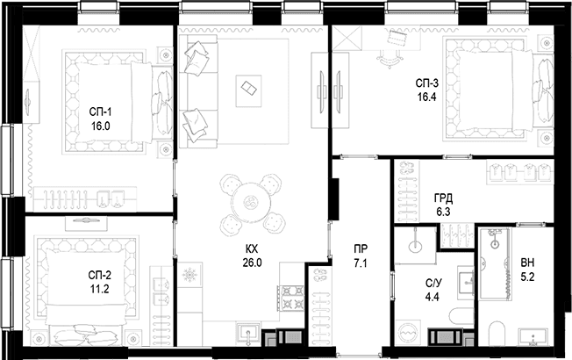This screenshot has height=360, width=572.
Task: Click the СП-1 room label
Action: pos(100,112)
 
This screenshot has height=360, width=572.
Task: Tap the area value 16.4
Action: pos(427,97)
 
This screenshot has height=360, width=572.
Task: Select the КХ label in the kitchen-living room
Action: pos(252,249)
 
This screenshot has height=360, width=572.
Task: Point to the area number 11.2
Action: pos(100,289)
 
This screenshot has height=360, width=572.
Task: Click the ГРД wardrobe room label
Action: pos(443,198)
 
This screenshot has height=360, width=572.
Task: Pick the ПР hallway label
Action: pos(361,249)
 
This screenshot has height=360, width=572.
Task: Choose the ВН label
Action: pos(527,263)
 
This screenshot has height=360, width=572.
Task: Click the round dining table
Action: pos(253,204)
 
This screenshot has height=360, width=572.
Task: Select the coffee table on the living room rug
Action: pos(248,91)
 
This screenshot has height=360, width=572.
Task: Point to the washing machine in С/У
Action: pos(408,334)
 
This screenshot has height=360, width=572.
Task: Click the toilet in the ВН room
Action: pos(497,334)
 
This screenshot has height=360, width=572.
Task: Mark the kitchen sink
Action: pos(248,334)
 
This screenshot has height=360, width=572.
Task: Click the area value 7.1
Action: pos(361,263)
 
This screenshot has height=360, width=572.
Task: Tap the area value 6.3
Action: pos(443,212)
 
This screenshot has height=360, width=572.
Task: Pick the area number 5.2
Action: pos(527,277)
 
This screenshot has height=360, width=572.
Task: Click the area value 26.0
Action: pos(252,263)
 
